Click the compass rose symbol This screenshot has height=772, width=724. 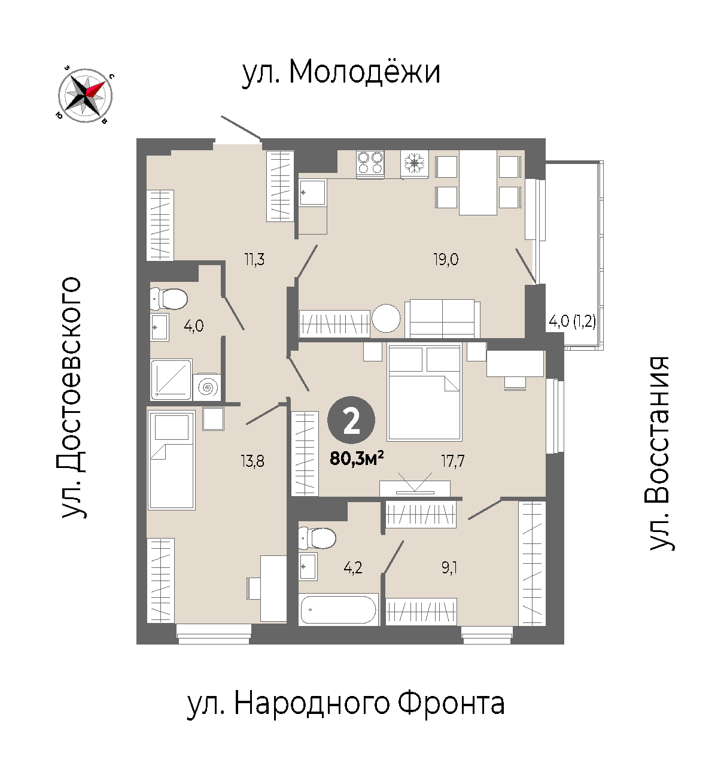click(85, 96)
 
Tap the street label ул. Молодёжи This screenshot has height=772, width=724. click(341, 73)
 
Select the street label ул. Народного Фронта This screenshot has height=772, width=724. click(346, 703)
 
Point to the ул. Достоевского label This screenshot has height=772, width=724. click(71, 397)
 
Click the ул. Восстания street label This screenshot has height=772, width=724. click(660, 453)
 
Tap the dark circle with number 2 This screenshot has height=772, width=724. click(351, 420)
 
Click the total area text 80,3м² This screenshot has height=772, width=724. click(357, 459)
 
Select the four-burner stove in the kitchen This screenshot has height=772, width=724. click(370, 164)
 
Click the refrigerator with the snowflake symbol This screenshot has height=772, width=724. click(415, 165)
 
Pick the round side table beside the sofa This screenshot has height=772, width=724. click(386, 318)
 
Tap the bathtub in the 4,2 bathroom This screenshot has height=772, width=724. click(338, 609)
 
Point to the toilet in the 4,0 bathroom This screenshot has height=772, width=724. click(169, 299)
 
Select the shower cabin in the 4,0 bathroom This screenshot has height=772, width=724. click(171, 379)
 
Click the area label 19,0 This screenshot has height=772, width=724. click(446, 259)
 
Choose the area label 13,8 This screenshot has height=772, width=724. click(253, 461)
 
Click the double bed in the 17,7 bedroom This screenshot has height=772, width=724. click(425, 392)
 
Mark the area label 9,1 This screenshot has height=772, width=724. click(449, 568)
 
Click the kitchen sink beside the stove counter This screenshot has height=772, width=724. click(312, 193)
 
